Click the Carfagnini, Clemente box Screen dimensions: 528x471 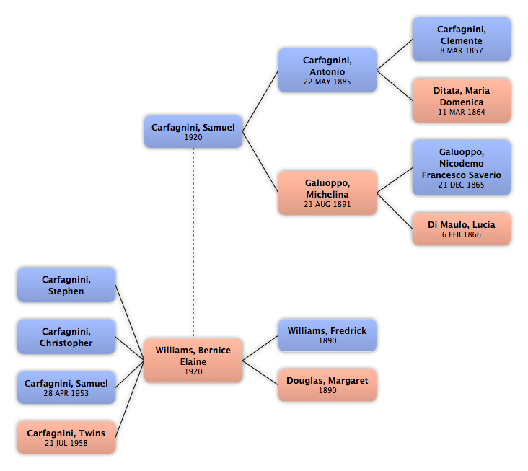(462, 40)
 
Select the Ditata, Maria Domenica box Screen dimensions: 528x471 (462, 101)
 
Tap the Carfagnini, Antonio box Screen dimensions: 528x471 (327, 71)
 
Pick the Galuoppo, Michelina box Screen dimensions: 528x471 (327, 193)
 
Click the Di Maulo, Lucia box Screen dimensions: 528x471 (462, 229)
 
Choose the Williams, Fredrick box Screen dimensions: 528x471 (327, 335)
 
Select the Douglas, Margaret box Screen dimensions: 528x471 (327, 385)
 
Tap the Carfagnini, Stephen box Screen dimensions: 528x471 (66, 285)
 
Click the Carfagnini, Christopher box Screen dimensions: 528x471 (66, 337)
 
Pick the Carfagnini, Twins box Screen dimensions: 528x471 (66, 437)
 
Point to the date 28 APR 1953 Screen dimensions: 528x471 (66, 393)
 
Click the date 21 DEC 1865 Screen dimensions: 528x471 (462, 185)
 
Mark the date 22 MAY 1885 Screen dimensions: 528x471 (327, 82)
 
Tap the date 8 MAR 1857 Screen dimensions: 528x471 (462, 50)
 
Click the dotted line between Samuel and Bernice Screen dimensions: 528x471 (193, 242)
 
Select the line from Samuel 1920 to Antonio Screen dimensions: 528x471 (260, 101)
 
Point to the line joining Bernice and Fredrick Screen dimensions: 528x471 (260, 348)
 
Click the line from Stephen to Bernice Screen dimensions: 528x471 (130, 323)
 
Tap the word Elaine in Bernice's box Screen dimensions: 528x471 (193, 362)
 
